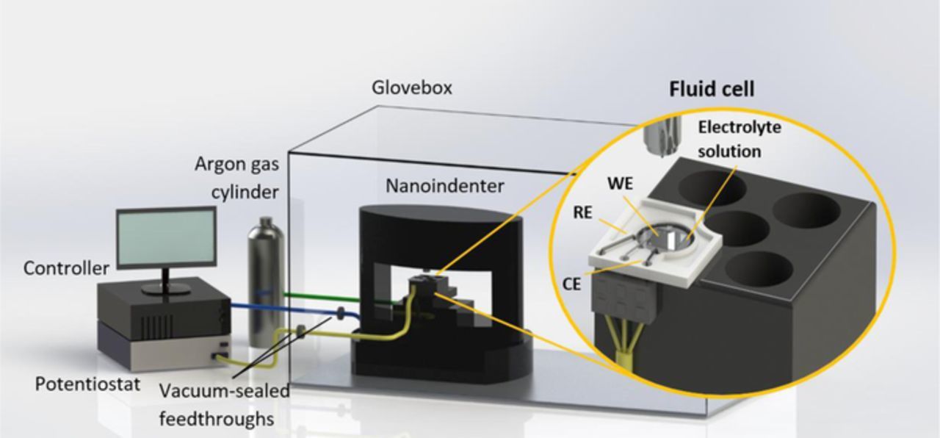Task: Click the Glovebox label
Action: click(411, 88)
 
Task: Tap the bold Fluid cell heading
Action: click(711, 90)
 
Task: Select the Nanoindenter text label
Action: click(445, 186)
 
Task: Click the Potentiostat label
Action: click(87, 383)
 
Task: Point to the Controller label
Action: click(66, 269)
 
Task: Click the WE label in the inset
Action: click(621, 184)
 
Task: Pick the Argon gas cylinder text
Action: click(237, 177)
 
